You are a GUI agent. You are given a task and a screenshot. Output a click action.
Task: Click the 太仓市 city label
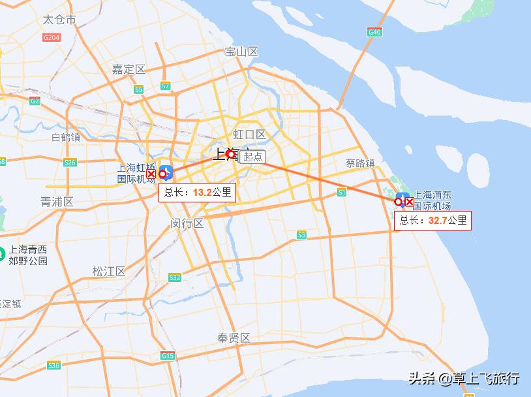[x=59, y=20]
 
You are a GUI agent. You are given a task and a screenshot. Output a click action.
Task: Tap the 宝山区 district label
[x=241, y=52]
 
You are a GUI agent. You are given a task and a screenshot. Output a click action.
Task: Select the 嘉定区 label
[x=128, y=69]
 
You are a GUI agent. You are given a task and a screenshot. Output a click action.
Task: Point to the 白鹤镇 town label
[x=65, y=137]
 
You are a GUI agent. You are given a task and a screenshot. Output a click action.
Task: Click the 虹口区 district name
[x=250, y=135]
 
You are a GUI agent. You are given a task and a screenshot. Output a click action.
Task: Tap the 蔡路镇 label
[x=360, y=163]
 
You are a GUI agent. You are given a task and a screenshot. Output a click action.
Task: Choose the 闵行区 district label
[x=187, y=223]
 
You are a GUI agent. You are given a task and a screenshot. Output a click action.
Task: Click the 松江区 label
[x=108, y=271]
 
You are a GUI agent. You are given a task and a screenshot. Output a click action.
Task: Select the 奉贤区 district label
[x=234, y=338]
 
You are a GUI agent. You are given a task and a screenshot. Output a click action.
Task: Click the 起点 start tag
[x=253, y=157]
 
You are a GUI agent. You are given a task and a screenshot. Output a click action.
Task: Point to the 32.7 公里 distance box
[x=433, y=220]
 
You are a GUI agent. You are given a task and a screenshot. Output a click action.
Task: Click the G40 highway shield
[x=374, y=32]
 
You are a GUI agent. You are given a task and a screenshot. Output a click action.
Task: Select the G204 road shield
[x=52, y=38]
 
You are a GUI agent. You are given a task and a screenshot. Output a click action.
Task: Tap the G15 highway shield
[x=168, y=356]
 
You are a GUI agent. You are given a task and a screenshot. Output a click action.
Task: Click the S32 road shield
[x=174, y=278]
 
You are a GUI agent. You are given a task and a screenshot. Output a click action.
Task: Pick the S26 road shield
[x=70, y=162]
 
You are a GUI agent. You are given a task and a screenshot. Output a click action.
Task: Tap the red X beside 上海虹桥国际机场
[x=151, y=174]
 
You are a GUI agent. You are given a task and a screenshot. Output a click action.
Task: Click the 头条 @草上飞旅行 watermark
[x=464, y=378]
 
